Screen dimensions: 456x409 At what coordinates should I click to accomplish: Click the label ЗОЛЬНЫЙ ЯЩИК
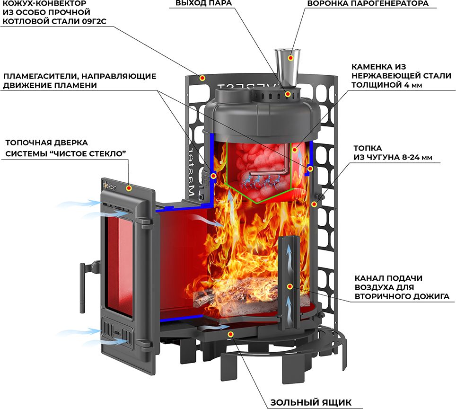point(311,402)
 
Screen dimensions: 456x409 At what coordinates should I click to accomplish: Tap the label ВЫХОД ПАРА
point(203,3)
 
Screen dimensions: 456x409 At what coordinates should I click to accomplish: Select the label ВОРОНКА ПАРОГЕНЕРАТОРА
point(368,3)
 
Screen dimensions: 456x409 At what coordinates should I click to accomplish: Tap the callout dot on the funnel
point(290,58)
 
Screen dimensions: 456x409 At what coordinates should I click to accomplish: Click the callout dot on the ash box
point(230,334)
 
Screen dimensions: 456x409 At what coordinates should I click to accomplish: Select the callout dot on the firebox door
point(129,188)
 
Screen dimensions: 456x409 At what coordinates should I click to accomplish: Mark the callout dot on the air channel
point(289,287)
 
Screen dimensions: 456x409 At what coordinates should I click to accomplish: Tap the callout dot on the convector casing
point(202,78)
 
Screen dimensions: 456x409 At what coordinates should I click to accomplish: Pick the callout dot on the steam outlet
point(288,94)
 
